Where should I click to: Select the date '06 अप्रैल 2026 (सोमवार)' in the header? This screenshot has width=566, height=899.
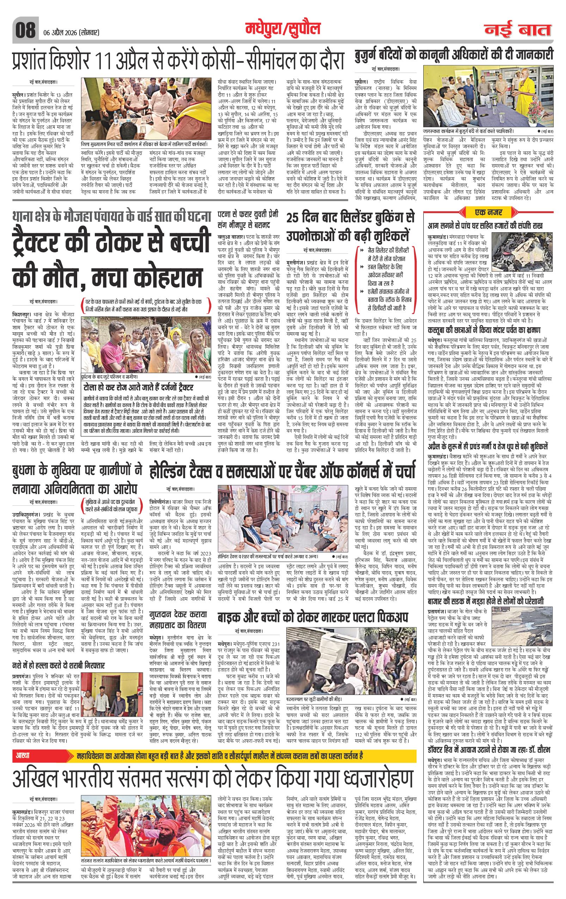[69, 33]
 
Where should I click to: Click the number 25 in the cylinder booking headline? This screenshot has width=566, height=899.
[296, 218]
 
